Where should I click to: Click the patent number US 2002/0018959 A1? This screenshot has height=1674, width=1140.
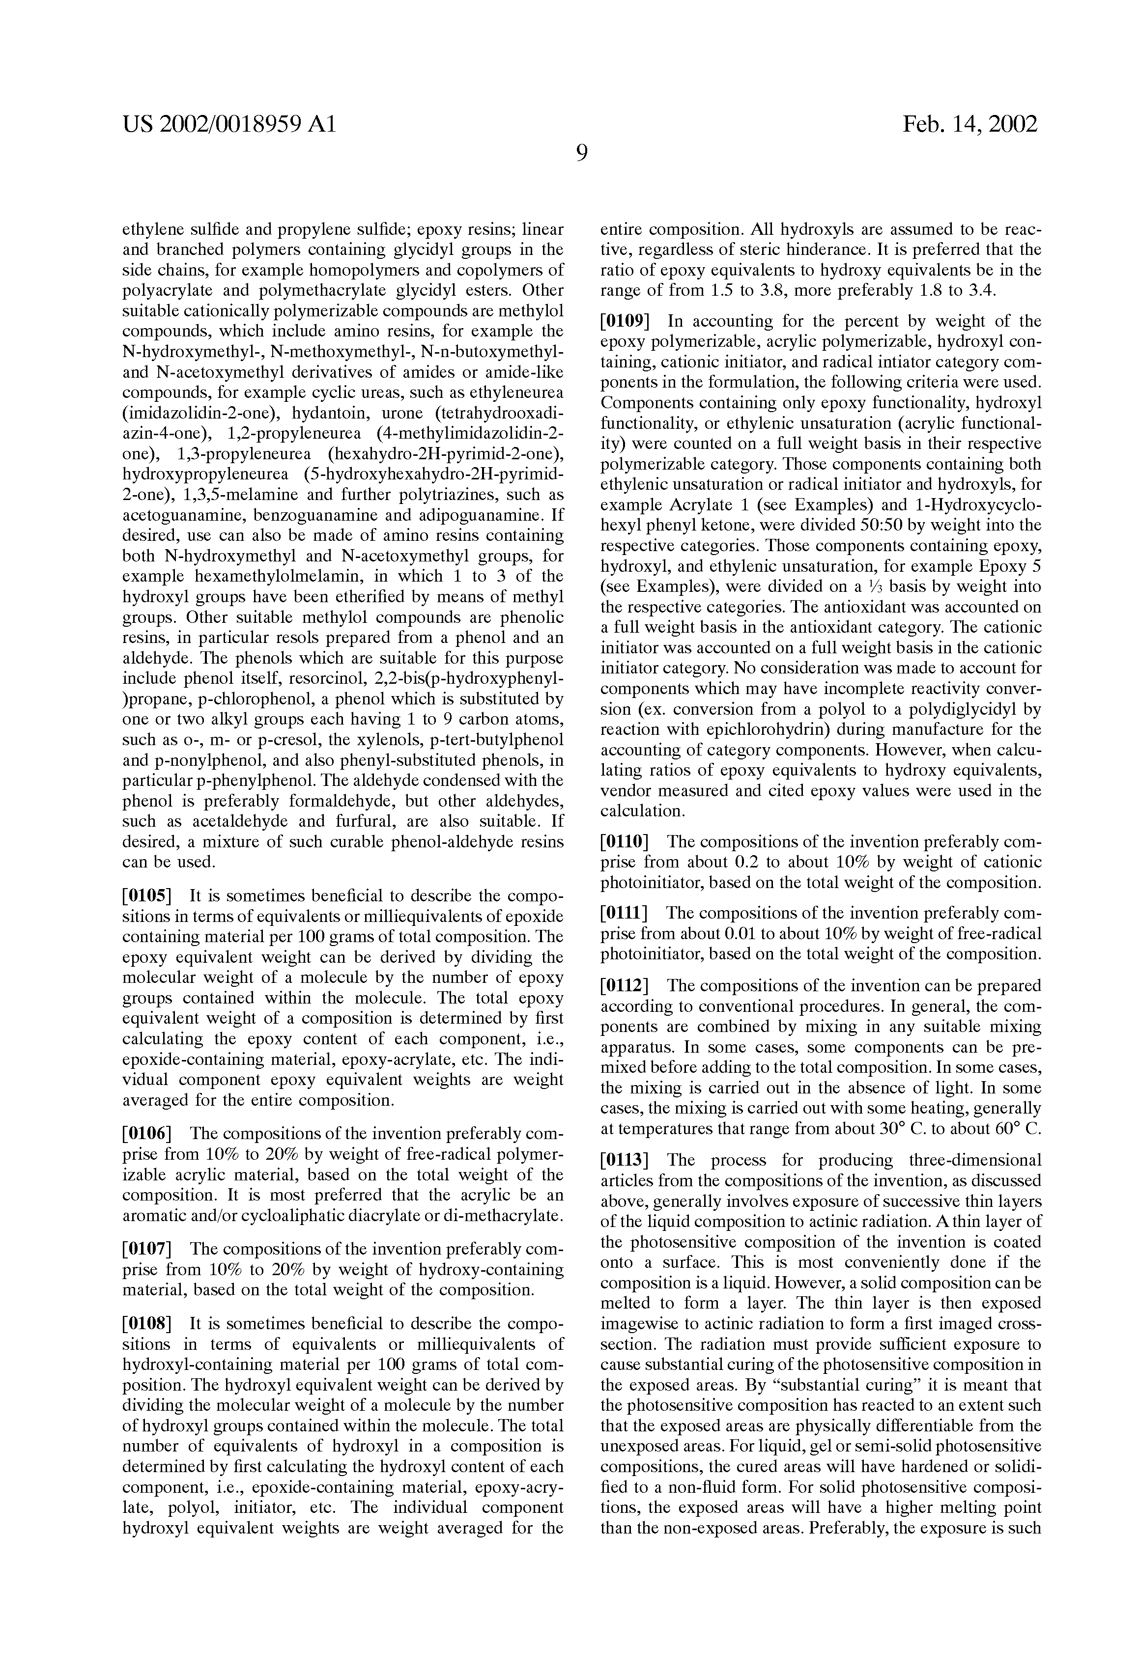coord(229,125)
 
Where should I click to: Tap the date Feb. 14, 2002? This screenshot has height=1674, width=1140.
coord(970,125)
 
